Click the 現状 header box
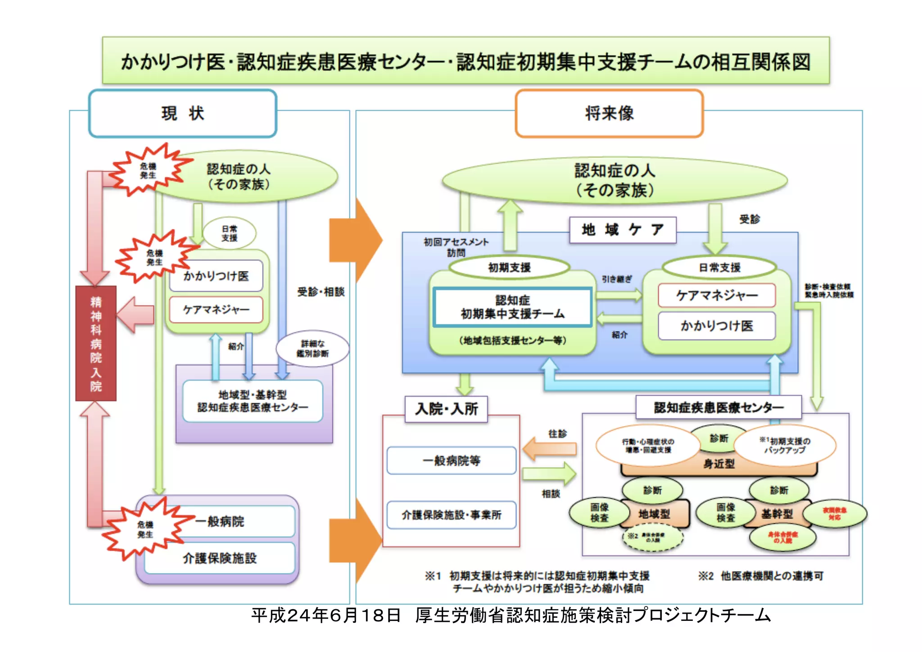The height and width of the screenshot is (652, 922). [x=182, y=114]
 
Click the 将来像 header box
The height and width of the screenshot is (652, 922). [x=609, y=114]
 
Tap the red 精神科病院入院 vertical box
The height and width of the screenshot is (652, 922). [x=96, y=343]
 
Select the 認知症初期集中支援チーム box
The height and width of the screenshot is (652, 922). [x=512, y=307]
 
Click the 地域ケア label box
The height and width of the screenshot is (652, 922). [x=622, y=230]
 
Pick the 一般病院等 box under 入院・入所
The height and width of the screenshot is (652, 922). [x=451, y=461]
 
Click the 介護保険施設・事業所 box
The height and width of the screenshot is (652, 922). [x=451, y=515]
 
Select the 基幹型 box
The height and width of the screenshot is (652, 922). [x=777, y=514]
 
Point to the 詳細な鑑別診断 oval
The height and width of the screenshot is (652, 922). [x=312, y=349]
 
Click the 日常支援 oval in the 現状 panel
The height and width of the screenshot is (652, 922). [x=229, y=233]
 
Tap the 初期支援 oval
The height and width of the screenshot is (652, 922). [x=509, y=268]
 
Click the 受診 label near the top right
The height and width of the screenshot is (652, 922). [x=749, y=219]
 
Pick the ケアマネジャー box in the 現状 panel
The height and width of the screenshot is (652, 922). [x=216, y=310]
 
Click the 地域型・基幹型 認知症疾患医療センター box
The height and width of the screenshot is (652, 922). [x=253, y=401]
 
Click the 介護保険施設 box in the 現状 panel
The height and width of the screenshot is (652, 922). [x=220, y=558]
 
